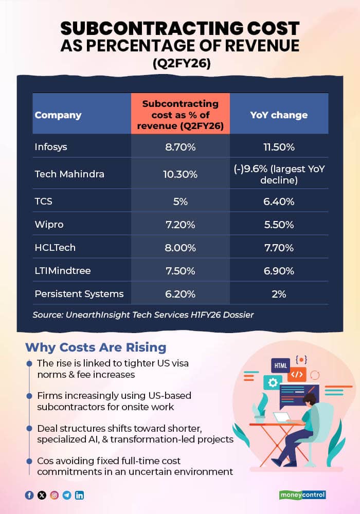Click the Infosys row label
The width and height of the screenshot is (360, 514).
51,147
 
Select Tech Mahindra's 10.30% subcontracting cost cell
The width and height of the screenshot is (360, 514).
181,174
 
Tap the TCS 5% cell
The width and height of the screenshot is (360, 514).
181,201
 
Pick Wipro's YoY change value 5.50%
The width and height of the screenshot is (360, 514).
278,225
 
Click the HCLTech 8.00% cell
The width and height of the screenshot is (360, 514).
181,248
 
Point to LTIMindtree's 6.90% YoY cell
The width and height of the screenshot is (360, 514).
278,271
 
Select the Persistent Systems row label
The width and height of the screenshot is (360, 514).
79,294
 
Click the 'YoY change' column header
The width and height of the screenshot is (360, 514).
279,115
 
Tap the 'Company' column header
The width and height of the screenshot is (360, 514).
58,115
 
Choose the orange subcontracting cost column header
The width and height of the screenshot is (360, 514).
181,115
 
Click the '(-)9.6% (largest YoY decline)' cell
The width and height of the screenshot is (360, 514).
278,174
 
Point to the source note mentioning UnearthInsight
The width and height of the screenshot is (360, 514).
143,315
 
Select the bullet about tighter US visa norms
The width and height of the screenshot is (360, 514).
113,369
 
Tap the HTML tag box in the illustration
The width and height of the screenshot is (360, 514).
281,365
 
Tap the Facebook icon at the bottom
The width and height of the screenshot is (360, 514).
29,495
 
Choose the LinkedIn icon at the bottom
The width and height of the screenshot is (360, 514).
79,495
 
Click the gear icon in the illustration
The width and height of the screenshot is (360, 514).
272,382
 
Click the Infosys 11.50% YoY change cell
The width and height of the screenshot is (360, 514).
278,147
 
